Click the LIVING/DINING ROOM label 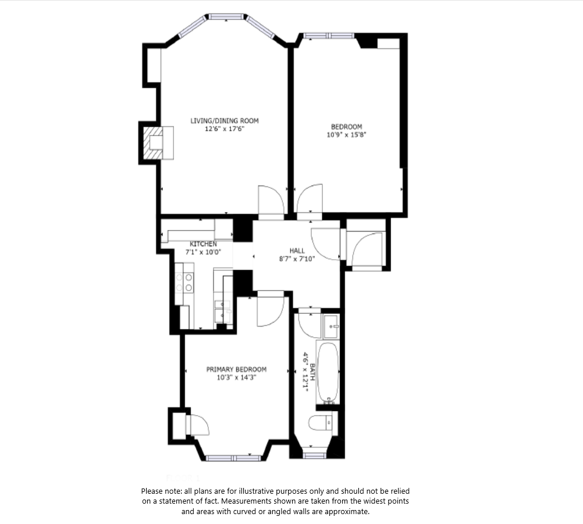click(x=224, y=121)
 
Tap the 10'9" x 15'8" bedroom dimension click(x=347, y=134)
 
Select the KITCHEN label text click(x=204, y=244)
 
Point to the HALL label click(x=297, y=251)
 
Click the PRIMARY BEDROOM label click(x=236, y=370)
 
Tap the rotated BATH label click(x=312, y=372)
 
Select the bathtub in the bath click(x=328, y=372)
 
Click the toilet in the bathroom click(x=323, y=422)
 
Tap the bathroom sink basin click(x=330, y=327)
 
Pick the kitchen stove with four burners click(x=184, y=283)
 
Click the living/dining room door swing click(x=271, y=200)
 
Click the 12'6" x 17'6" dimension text click(x=224, y=129)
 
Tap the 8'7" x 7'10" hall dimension click(x=297, y=259)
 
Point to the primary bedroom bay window click(x=234, y=458)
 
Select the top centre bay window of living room click(x=226, y=17)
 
